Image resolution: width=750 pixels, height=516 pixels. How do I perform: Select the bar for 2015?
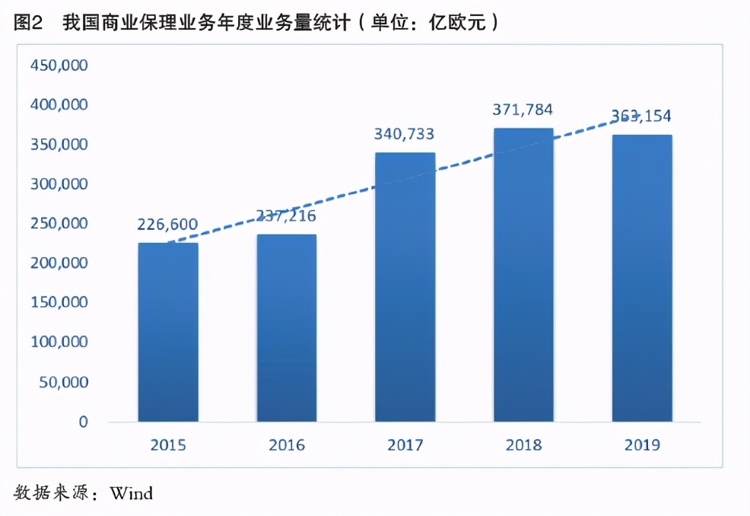pyautogui.click(x=168, y=332)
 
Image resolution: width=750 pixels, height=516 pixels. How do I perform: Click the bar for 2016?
pyautogui.click(x=287, y=328)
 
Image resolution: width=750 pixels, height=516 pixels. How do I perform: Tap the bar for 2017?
pyautogui.click(x=405, y=287)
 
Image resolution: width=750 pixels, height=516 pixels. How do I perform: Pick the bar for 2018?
pyautogui.click(x=523, y=275)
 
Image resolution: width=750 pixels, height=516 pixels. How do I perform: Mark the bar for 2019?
pyautogui.click(x=642, y=278)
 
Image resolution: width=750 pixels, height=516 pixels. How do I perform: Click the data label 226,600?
pyautogui.click(x=167, y=225)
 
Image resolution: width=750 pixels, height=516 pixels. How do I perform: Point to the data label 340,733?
pyautogui.click(x=404, y=135)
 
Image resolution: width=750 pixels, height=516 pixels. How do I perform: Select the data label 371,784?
pyautogui.click(x=523, y=110)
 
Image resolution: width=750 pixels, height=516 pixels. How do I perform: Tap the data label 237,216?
pyautogui.click(x=286, y=216)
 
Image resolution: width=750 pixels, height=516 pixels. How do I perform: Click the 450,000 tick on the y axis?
pyautogui.click(x=60, y=65)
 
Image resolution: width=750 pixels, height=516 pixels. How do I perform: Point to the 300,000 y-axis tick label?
pyautogui.click(x=60, y=184)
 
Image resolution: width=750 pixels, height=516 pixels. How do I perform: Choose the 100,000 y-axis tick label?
pyautogui.click(x=60, y=342)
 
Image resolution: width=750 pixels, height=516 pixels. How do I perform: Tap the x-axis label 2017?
pyautogui.click(x=404, y=445)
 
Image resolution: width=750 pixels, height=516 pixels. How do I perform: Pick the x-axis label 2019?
pyautogui.click(x=641, y=445)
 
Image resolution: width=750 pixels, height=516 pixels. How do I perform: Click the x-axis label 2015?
pyautogui.click(x=167, y=445)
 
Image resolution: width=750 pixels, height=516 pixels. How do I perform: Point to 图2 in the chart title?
pyautogui.click(x=28, y=23)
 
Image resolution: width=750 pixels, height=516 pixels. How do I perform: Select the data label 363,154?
pyautogui.click(x=641, y=116)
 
